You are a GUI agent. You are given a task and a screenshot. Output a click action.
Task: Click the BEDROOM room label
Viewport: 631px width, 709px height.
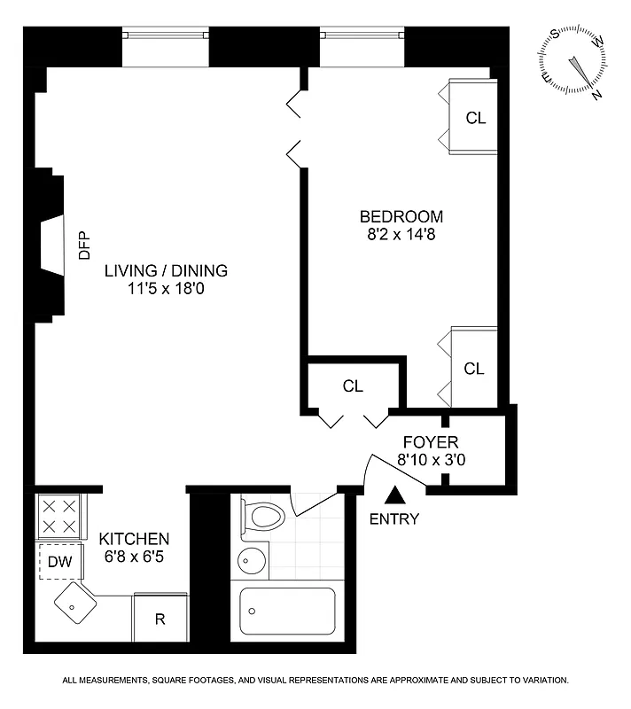(x=401, y=217)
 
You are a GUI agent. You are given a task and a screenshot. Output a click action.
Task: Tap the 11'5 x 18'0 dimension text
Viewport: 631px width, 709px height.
(x=166, y=288)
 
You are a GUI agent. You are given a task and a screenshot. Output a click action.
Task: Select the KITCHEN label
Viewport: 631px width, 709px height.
(x=134, y=539)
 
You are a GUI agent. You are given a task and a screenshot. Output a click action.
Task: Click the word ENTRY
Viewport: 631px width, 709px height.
(x=394, y=519)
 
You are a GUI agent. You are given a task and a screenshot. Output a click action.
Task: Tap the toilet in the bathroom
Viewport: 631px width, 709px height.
(x=263, y=518)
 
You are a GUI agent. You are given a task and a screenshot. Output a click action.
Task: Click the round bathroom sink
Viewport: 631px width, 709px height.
(x=253, y=560)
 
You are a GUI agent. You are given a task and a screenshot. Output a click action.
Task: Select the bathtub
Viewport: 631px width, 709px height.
(x=287, y=612)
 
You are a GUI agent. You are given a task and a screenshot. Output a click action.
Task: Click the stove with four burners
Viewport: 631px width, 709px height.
(x=59, y=516)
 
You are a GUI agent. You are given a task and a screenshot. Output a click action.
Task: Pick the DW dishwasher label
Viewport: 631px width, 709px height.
(x=59, y=561)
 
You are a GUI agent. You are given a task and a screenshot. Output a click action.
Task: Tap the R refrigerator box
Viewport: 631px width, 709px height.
(x=160, y=619)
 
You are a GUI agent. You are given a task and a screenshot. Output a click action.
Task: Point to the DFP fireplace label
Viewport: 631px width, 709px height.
(x=85, y=245)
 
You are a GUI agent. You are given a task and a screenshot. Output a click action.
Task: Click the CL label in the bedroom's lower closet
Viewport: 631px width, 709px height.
(x=475, y=369)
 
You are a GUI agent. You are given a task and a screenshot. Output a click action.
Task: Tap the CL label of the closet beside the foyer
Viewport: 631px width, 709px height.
(x=353, y=386)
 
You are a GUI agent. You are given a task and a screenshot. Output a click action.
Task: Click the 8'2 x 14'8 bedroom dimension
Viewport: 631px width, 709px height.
(x=401, y=235)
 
